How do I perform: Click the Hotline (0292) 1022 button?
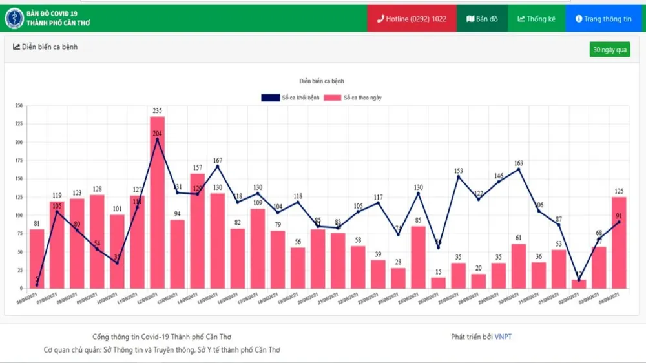(x=412, y=19)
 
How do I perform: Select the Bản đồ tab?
(x=482, y=19)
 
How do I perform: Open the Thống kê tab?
(x=536, y=19)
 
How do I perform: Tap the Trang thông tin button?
(x=603, y=19)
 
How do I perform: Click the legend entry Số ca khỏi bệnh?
(x=291, y=98)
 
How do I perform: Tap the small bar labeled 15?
(x=439, y=282)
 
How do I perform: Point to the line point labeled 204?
(x=157, y=140)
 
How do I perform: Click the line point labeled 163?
(x=519, y=169)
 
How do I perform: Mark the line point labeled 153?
(x=459, y=176)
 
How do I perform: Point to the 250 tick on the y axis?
(x=19, y=105)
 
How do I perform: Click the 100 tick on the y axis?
(x=19, y=215)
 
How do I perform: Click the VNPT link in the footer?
(x=503, y=337)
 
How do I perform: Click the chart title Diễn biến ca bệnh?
(x=322, y=81)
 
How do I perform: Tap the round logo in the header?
(x=14, y=18)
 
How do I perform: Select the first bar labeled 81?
(x=37, y=258)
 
